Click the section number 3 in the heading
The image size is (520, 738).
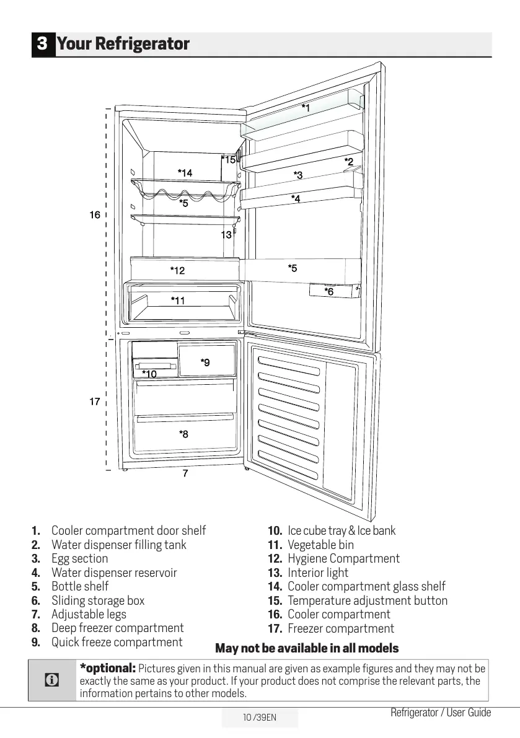(x=43, y=44)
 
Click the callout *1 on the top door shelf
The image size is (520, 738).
(x=306, y=108)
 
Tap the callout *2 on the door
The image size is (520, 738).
(x=349, y=162)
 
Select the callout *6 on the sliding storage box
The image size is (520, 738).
(x=329, y=291)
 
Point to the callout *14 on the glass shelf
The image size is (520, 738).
(x=185, y=172)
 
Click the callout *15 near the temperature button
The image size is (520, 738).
(x=229, y=160)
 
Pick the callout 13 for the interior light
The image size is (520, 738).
(x=226, y=235)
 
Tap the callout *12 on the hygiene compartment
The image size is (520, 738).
(x=177, y=270)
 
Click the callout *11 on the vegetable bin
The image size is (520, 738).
(x=178, y=301)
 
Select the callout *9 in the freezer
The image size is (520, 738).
(x=205, y=362)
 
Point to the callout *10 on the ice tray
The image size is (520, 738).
(x=149, y=374)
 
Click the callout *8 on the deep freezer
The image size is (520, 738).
(x=183, y=434)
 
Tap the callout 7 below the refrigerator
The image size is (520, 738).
(x=185, y=473)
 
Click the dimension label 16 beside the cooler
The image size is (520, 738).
(x=94, y=215)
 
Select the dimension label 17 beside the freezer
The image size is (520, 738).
(x=94, y=402)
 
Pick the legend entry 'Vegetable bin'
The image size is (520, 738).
(x=320, y=545)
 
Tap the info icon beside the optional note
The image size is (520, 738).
(x=53, y=680)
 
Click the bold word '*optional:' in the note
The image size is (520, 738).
(x=108, y=668)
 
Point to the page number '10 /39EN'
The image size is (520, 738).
(x=260, y=718)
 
